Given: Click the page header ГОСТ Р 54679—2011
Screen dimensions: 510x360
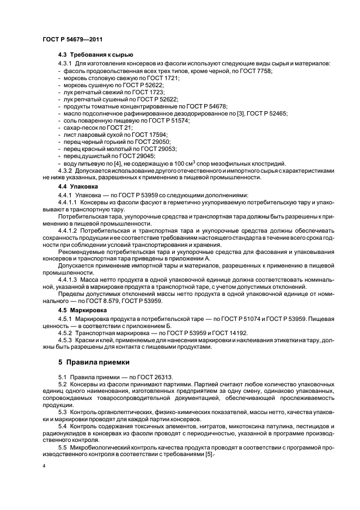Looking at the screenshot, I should tap(72, 40).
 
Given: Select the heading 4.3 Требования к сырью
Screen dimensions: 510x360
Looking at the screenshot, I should tap(95, 55).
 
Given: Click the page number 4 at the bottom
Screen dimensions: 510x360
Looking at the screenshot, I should tap(44, 466).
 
